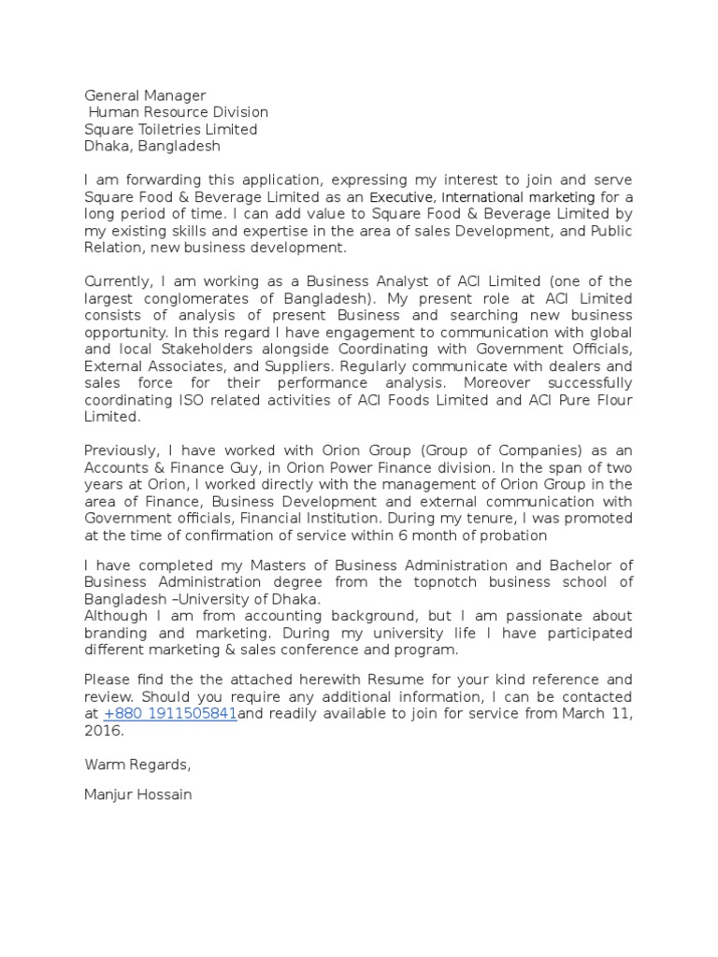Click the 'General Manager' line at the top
pyautogui.click(x=145, y=95)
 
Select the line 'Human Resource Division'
pyautogui.click(x=178, y=112)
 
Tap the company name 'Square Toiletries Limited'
pyautogui.click(x=170, y=129)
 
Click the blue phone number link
pyautogui.click(x=169, y=714)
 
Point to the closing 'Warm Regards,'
pyautogui.click(x=137, y=764)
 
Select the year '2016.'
pyautogui.click(x=103, y=731)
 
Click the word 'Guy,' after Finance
pyautogui.click(x=250, y=467)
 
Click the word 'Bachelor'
pyautogui.click(x=583, y=564)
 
